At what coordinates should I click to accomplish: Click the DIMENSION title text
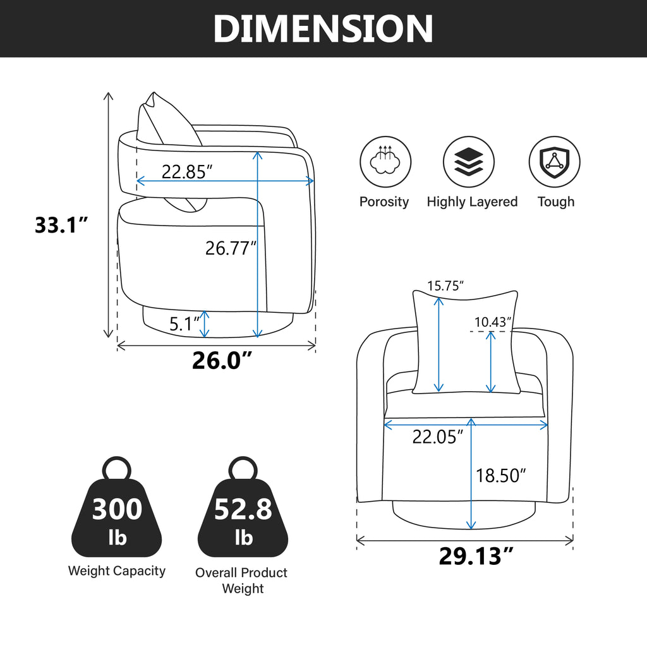pos(323,28)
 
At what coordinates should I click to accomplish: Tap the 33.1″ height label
pos(61,225)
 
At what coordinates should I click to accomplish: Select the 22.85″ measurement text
pos(186,172)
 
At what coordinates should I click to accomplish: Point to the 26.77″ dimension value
pos(231,248)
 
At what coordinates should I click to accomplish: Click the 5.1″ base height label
pos(184,324)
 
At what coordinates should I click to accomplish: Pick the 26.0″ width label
pos(222,360)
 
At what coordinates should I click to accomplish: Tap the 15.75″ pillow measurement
pos(445,286)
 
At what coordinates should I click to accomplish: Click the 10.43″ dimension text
pos(493,322)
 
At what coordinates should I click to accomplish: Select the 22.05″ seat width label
pos(438,437)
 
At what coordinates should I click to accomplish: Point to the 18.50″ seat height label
pos(501,475)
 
